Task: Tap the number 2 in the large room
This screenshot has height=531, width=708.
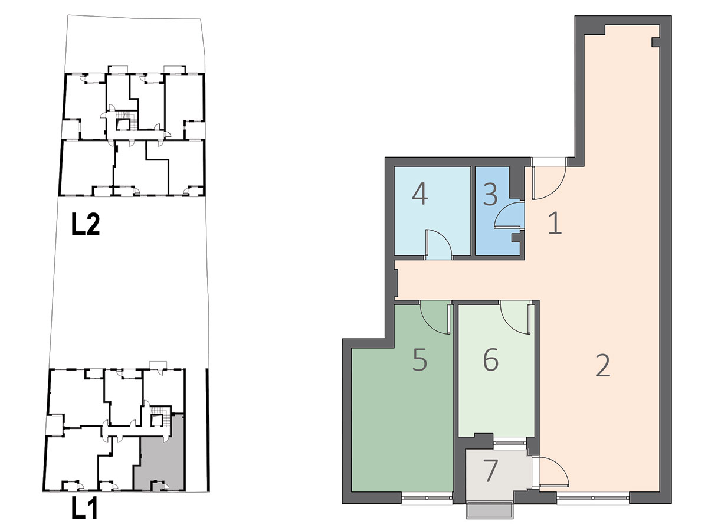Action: point(603,365)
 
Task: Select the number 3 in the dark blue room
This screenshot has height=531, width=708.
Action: point(490,195)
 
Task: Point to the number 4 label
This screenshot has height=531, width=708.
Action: point(420,194)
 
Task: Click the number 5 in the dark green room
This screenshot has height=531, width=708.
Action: point(419,359)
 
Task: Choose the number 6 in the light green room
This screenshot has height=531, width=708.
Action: point(491,359)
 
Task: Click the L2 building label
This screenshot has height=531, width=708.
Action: point(86,224)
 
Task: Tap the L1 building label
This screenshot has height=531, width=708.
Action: point(84,508)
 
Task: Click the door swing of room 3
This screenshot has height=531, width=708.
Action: point(508,215)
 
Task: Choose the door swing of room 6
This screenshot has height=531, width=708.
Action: point(516,317)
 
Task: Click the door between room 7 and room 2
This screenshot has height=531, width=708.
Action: point(552,471)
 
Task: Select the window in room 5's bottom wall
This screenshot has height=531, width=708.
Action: point(427,498)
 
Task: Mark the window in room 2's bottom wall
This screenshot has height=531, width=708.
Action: point(593,498)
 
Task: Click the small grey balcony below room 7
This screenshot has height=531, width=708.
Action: point(489,512)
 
